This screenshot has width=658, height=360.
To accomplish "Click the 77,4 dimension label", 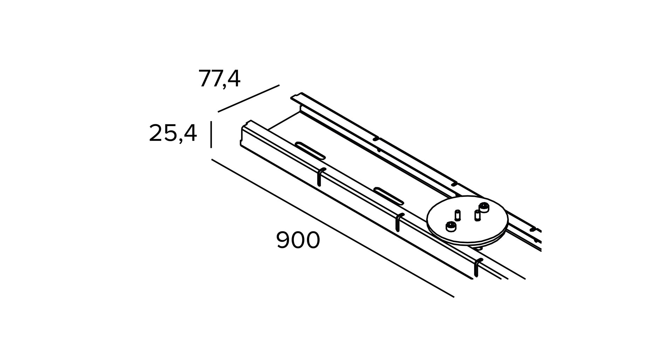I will pyautogui.click(x=219, y=79).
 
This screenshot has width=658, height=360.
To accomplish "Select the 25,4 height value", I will pyautogui.click(x=173, y=133).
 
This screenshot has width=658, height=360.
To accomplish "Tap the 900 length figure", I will pyautogui.click(x=298, y=240).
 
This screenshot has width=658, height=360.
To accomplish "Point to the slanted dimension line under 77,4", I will pyautogui.click(x=248, y=98).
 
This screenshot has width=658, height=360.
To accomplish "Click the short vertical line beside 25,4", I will pyautogui.click(x=211, y=134).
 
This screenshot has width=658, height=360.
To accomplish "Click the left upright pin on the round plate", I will pyautogui.click(x=457, y=215).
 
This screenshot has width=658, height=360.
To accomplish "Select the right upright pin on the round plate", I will pyautogui.click(x=477, y=215).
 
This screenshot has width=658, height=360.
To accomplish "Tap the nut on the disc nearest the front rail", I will pyautogui.click(x=451, y=227).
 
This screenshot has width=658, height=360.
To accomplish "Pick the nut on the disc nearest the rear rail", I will pyautogui.click(x=484, y=207).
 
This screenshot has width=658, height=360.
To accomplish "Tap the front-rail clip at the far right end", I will pyautogui.click(x=477, y=268).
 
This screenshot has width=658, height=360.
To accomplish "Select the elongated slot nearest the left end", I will pyautogui.click(x=310, y=151).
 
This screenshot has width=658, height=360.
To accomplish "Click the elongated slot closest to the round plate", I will pyautogui.click(x=389, y=196).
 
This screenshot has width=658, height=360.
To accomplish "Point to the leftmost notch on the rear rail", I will pyautogui.click(x=376, y=139).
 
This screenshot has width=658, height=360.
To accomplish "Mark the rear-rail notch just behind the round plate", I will pyautogui.click(x=454, y=184).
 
